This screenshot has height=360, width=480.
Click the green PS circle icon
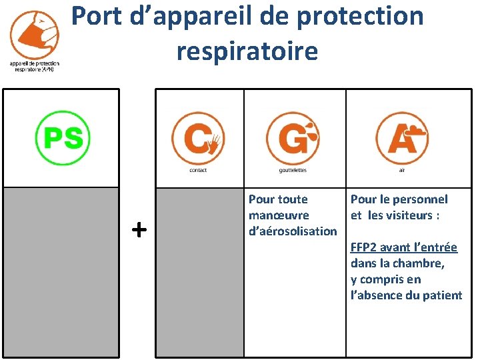click(x=62, y=138)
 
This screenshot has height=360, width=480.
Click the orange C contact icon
click(x=198, y=139)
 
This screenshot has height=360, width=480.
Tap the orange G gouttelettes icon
click(x=293, y=139)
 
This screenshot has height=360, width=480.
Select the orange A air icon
click(x=401, y=139)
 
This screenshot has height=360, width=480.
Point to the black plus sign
click(x=139, y=230)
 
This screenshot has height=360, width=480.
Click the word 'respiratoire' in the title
click(x=247, y=51)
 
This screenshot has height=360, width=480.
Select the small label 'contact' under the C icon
click(x=198, y=170)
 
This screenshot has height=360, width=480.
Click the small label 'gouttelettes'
click(x=293, y=170)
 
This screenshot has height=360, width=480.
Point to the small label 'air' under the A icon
click(x=401, y=170)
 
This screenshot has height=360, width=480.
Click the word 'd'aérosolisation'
click(x=293, y=231)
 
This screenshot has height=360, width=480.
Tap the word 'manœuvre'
click(x=279, y=215)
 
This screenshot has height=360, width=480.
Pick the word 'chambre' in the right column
click(x=423, y=263)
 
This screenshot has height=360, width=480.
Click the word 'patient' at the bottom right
click(x=441, y=295)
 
